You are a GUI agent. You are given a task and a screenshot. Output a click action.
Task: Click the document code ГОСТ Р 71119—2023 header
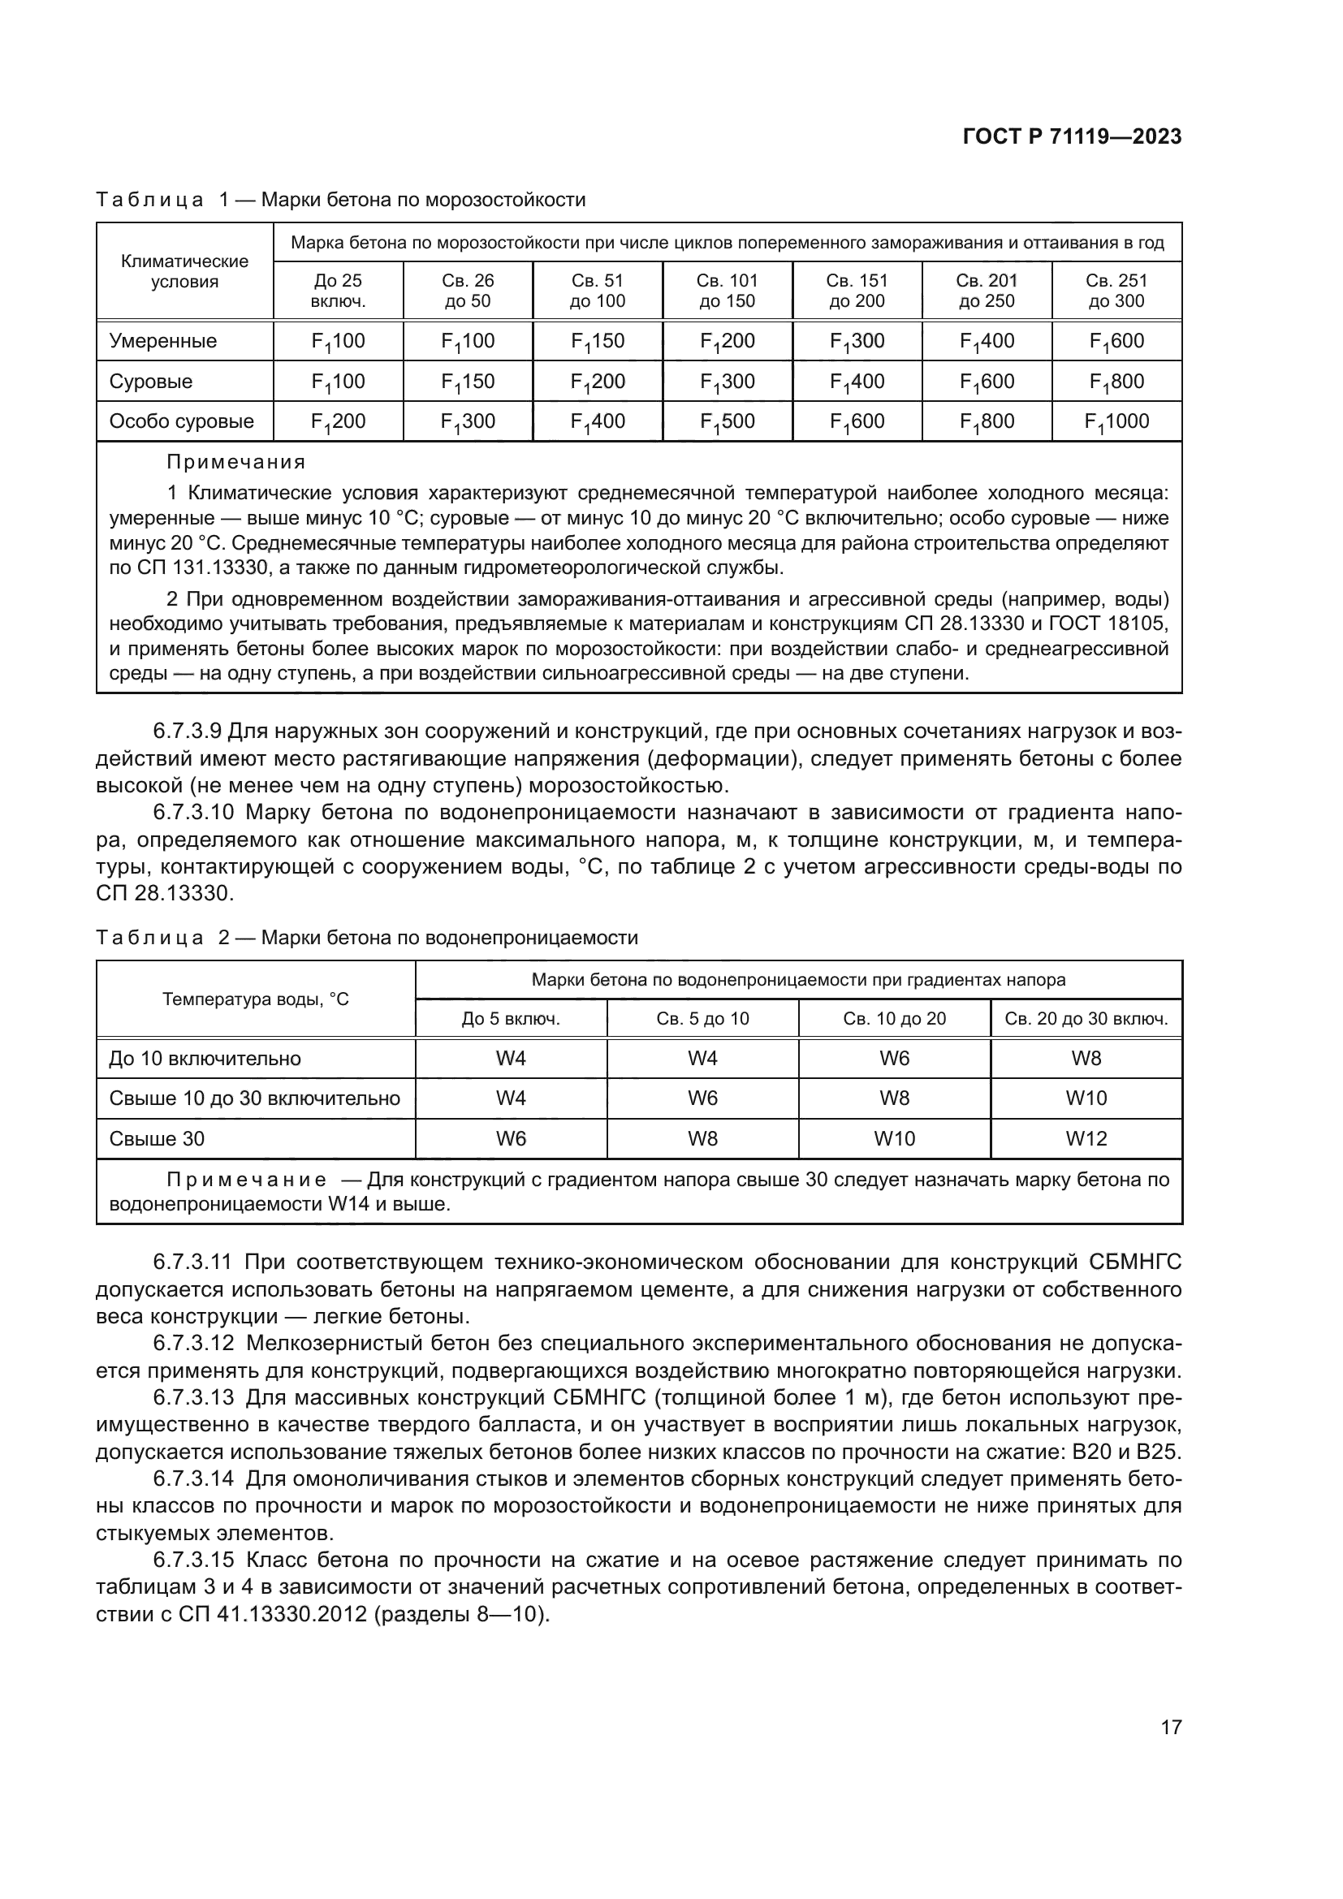1072,137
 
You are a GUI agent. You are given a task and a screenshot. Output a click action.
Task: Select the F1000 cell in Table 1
1116,422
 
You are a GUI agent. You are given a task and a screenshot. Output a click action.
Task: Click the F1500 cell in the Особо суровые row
727,422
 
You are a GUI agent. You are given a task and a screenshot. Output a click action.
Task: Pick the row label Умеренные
163,341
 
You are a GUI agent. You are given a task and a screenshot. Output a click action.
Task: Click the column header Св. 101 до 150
727,291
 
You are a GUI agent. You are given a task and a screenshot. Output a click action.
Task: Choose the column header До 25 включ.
339,291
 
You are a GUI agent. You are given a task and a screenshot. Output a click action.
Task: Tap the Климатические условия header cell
184,271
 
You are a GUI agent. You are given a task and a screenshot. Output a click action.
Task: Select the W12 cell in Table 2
1086,1139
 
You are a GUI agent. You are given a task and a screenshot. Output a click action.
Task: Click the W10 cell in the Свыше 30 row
894,1139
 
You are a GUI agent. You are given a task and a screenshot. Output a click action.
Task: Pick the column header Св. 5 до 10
702,1018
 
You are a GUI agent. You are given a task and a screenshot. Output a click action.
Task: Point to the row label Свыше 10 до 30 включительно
254,1098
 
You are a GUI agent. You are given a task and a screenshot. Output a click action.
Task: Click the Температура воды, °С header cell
256,999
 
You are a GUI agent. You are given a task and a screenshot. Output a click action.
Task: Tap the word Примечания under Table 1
235,461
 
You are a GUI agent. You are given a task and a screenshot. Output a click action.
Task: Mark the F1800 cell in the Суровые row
1116,382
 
